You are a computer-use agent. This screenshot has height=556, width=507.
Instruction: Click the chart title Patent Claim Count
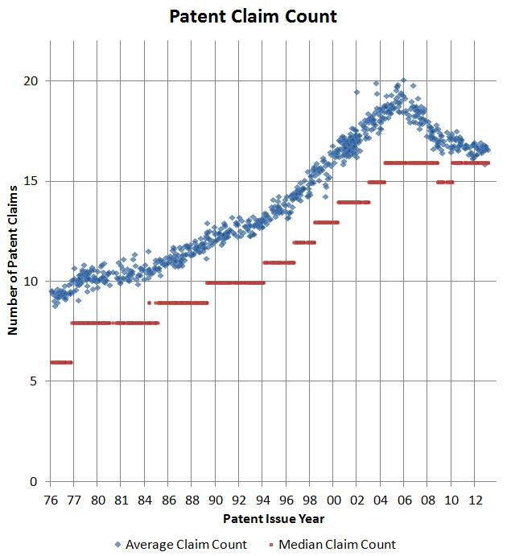coord(253,16)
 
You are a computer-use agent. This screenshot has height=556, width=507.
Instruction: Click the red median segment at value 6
coord(61,362)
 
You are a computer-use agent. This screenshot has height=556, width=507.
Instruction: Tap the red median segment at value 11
coord(279,262)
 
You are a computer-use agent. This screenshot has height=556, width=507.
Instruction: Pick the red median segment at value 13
coord(326,222)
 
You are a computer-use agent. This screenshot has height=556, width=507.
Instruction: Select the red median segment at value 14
coord(353,202)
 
